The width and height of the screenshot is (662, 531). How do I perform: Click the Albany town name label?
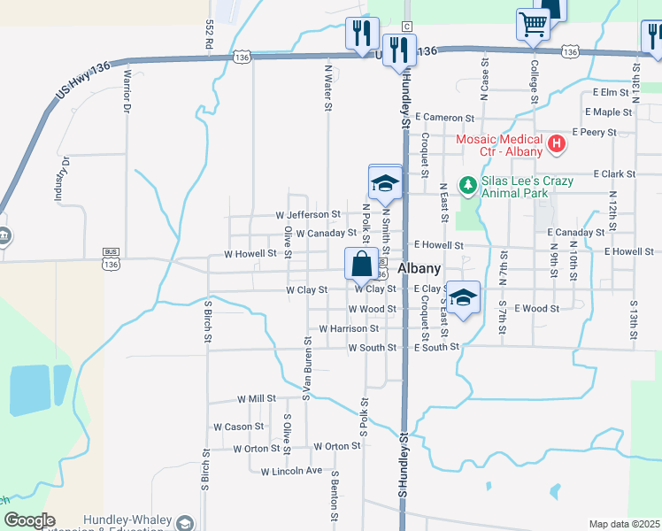(420, 268)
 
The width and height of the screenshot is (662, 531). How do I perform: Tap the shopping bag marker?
(361, 265)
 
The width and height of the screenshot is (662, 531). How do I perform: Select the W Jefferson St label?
(308, 215)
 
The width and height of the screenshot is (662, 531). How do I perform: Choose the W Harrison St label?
(349, 328)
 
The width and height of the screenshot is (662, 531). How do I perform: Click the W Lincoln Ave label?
(291, 471)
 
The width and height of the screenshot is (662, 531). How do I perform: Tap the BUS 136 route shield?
(111, 258)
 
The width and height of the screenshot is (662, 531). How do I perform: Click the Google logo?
(28, 521)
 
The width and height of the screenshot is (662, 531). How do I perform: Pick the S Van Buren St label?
(306, 366)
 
